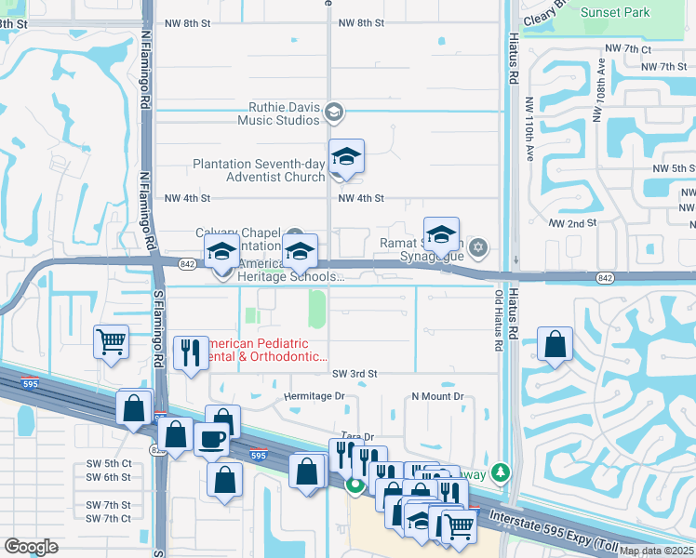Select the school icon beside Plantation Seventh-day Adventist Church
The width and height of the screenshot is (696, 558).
[x=346, y=159]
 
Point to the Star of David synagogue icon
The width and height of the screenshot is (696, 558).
[x=478, y=246]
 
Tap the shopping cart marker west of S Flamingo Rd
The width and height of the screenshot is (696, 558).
[x=111, y=341]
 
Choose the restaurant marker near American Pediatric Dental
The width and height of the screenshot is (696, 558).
[x=190, y=353]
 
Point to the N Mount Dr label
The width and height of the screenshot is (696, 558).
[x=437, y=396]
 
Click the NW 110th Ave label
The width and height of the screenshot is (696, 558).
[x=529, y=130]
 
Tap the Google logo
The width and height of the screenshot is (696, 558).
[x=31, y=546]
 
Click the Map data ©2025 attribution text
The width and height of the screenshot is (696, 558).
[x=656, y=551]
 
